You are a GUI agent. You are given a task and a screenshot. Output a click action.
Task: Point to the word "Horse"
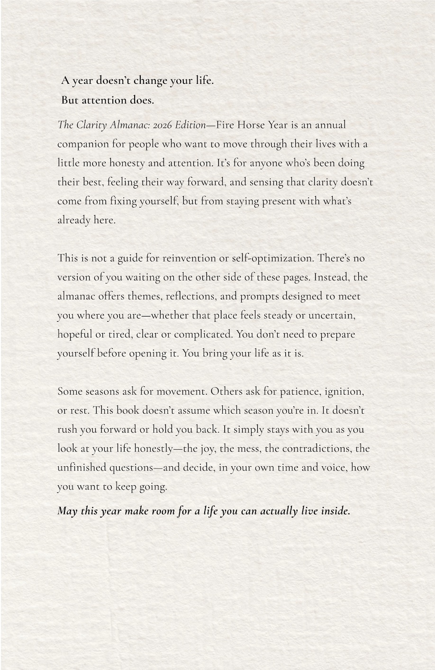pyautogui.click(x=251, y=125)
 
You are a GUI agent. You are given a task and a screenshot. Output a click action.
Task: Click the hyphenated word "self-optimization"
pyautogui.click(x=272, y=258)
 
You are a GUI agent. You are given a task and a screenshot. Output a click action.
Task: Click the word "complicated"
pyautogui.click(x=203, y=335)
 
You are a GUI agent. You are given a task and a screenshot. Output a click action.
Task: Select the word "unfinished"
pyautogui.click(x=82, y=468)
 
